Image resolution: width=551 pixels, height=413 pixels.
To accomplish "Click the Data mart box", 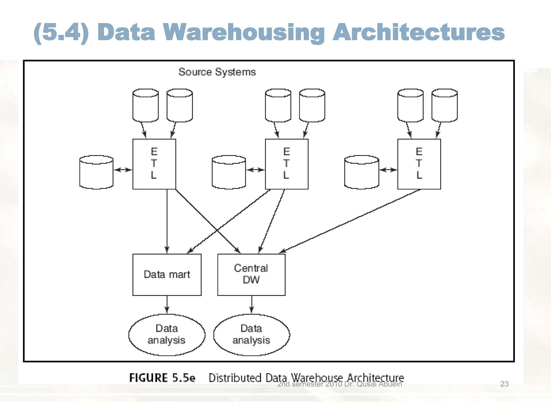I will click(167, 275).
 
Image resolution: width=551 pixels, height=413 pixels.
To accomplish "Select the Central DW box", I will click(251, 275).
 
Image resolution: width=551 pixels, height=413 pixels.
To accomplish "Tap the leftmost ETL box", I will click(154, 164).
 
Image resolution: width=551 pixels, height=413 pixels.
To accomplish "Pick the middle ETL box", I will click(287, 164).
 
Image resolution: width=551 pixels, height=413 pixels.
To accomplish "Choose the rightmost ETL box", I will click(419, 164).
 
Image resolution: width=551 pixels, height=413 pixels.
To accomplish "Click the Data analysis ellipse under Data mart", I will click(167, 335).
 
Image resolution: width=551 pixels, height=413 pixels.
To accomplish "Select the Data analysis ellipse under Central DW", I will click(252, 335).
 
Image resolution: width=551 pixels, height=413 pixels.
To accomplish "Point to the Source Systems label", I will click(217, 72).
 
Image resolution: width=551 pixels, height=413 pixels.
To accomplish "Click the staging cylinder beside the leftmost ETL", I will click(96, 172).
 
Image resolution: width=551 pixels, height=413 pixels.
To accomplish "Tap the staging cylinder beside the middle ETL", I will click(229, 172).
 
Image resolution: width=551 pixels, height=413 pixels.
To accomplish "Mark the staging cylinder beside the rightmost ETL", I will click(362, 172).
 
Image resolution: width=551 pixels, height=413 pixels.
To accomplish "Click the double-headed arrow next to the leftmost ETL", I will click(123, 170).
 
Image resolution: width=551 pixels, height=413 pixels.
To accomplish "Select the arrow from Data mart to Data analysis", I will click(167, 305).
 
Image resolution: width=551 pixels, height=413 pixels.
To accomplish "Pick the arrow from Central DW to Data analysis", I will click(252, 305).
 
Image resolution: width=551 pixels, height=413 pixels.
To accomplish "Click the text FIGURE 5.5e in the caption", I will click(162, 378).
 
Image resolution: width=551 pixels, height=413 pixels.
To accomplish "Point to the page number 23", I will click(504, 384).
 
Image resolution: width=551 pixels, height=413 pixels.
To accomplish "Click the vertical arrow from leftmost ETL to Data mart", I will click(167, 220).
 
